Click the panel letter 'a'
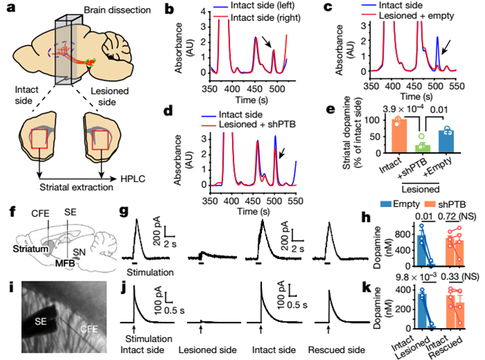coord(11,7)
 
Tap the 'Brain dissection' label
coord(117,10)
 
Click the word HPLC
coord(133,179)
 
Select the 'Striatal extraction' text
coord(76,188)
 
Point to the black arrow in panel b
coord(266,42)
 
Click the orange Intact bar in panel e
coord(399,136)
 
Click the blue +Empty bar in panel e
coord(446,142)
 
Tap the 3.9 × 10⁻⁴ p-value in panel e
coord(402,109)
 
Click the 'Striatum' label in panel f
coord(31,249)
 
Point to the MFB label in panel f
coord(65,263)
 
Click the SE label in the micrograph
coord(40,321)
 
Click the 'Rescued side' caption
coord(336,350)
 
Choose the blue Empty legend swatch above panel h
coord(386,204)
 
